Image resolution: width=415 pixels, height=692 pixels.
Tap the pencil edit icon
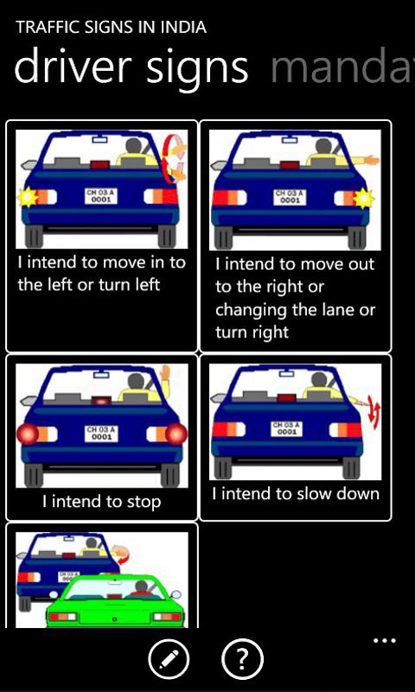click(x=169, y=660)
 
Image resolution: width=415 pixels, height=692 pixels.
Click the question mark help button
click(x=242, y=660)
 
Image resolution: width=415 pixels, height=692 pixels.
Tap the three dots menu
click(x=385, y=640)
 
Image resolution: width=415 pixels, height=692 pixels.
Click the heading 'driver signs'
click(x=131, y=67)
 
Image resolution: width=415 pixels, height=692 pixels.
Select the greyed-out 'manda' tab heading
click(x=342, y=67)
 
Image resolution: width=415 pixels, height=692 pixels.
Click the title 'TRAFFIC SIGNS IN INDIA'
click(x=112, y=28)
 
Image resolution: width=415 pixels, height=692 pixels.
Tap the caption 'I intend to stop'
click(x=102, y=502)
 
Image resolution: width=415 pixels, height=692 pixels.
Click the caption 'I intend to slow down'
click(x=296, y=493)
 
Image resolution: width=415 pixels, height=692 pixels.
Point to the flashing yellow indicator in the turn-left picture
click(x=27, y=197)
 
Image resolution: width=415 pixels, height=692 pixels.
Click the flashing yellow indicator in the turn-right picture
click(x=363, y=198)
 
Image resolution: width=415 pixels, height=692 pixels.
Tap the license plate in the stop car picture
click(x=102, y=434)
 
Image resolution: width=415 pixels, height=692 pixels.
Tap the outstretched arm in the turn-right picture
click(x=363, y=160)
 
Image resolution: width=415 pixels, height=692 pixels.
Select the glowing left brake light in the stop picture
click(x=28, y=434)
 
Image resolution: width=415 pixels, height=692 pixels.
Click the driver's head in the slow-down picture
click(x=319, y=381)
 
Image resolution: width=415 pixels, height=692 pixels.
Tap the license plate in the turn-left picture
click(x=101, y=196)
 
